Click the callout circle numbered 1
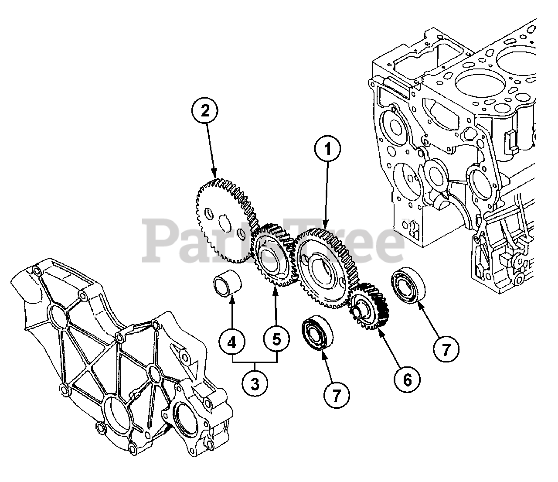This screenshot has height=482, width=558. [328, 149]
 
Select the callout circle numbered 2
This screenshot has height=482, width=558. [205, 111]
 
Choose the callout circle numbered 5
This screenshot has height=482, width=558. [276, 338]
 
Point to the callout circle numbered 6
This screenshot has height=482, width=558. [407, 379]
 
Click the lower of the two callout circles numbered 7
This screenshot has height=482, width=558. [336, 395]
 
